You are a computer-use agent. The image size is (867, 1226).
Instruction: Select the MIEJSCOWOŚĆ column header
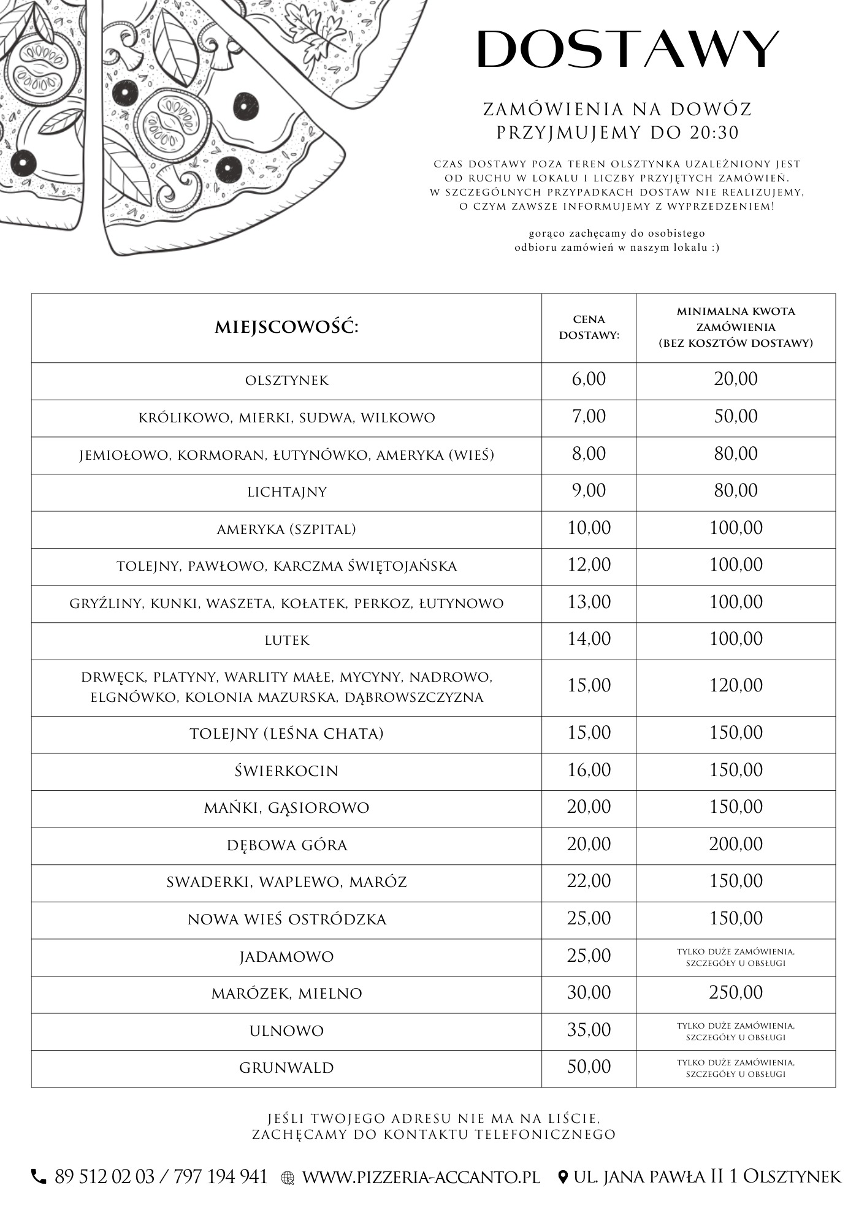[286, 327]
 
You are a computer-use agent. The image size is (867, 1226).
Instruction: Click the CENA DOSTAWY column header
[589, 327]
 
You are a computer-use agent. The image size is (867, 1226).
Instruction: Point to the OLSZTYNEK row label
[286, 381]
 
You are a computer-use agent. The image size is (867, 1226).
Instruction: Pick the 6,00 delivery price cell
[589, 379]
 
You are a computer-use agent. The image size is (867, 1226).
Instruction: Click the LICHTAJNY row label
[286, 492]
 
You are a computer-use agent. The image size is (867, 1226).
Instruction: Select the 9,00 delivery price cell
[589, 491]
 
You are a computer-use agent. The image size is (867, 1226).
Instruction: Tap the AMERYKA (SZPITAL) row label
[286, 530]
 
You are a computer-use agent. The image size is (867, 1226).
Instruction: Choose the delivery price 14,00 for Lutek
[589, 639]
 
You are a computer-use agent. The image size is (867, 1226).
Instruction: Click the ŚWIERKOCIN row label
[286, 771]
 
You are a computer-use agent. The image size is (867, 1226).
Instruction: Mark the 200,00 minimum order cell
[736, 845]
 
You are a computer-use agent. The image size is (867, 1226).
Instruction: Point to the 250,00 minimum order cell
[736, 993]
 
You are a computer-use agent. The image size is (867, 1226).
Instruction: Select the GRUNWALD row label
[286, 1068]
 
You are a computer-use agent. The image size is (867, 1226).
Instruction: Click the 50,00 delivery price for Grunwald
[589, 1067]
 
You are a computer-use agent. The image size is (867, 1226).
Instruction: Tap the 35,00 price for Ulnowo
[589, 1030]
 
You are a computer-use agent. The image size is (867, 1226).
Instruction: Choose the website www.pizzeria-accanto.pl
[421, 1177]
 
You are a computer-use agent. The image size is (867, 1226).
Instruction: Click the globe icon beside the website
[288, 1178]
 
